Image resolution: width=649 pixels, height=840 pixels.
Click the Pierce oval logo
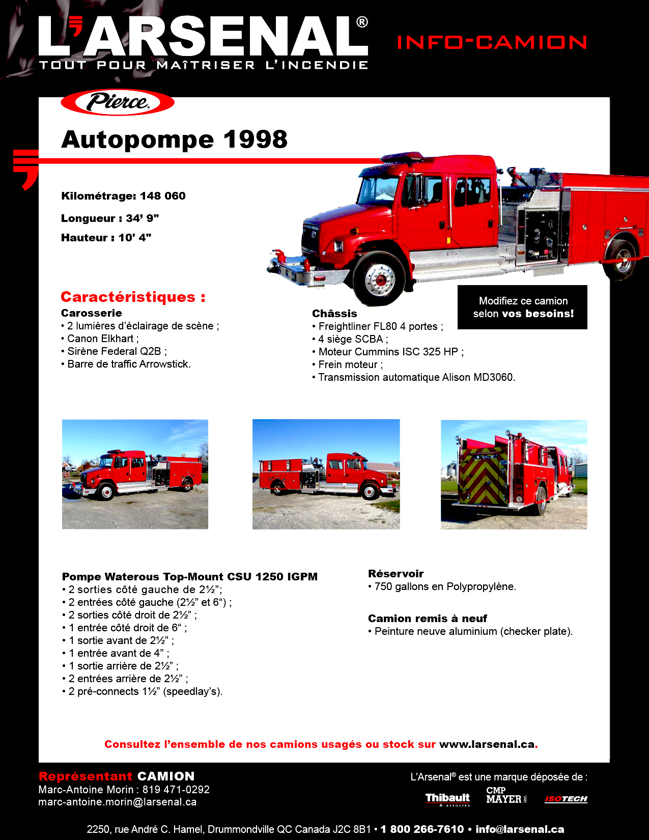(x=118, y=102)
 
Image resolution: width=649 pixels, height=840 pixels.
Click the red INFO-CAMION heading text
(x=492, y=42)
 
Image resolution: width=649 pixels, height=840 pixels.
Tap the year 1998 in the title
(x=256, y=139)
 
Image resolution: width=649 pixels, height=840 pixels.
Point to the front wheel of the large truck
(x=379, y=278)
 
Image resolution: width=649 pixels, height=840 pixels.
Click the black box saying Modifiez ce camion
(x=522, y=307)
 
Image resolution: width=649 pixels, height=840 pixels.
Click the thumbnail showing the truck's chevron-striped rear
(x=514, y=474)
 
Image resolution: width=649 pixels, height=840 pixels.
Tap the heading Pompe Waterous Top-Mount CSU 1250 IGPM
(x=189, y=577)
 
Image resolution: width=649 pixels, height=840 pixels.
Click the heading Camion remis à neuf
(x=427, y=619)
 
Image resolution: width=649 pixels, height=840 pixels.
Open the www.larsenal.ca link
(x=487, y=744)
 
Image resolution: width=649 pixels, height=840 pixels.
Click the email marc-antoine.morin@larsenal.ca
(x=117, y=802)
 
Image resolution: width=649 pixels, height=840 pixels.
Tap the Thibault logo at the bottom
(x=447, y=799)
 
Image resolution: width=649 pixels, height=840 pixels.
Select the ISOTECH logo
(x=566, y=799)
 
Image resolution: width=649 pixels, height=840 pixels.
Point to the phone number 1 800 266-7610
(x=422, y=829)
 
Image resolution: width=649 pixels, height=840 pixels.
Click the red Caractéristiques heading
(x=133, y=297)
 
